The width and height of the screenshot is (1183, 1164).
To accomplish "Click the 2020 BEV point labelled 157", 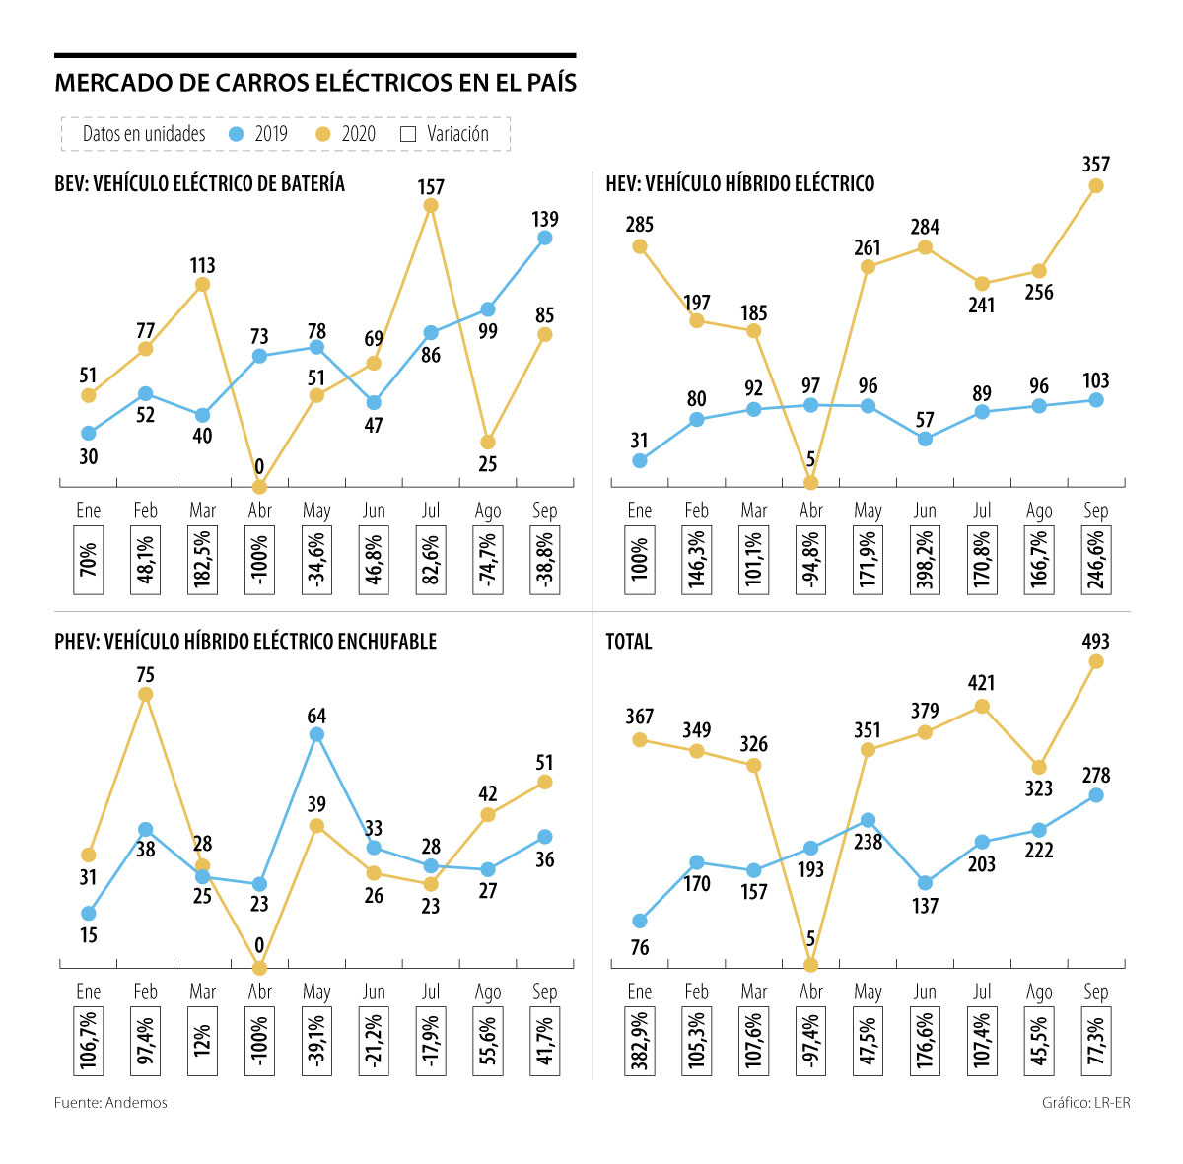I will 431,205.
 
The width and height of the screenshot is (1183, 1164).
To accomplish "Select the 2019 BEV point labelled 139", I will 544,238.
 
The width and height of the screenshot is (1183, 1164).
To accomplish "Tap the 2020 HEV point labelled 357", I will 1096,185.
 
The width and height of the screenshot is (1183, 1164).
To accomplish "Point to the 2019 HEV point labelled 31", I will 640,460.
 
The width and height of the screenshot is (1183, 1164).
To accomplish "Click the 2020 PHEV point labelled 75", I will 146,694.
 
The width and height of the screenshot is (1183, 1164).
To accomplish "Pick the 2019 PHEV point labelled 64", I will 316,734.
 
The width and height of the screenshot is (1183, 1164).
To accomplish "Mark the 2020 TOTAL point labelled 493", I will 1096,661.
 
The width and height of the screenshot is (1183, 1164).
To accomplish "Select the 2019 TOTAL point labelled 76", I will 640,921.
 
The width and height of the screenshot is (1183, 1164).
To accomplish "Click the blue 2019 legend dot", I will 236,134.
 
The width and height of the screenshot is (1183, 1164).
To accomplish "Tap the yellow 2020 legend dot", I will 322,134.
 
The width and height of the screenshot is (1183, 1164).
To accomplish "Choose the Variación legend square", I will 409,134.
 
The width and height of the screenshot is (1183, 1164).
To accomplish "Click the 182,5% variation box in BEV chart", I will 203,561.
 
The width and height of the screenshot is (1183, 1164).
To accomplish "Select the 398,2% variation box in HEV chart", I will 925,561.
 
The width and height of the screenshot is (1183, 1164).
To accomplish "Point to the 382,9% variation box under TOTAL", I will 640,1042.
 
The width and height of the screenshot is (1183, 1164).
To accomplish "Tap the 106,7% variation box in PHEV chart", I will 89,1042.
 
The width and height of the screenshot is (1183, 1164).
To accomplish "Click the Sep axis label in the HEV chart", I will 1096,511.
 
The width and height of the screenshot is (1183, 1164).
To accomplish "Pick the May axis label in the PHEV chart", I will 316,992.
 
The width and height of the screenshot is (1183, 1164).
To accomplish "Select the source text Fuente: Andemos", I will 110,1103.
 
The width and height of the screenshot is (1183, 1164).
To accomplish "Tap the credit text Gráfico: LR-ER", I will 1085,1103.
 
